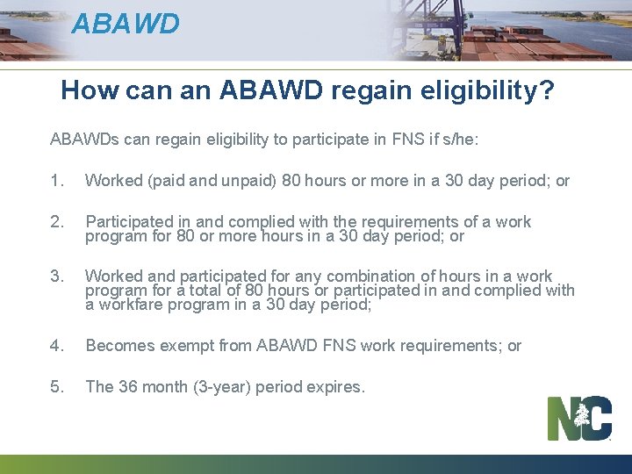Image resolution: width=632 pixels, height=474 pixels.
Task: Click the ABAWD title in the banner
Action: tap(126, 24)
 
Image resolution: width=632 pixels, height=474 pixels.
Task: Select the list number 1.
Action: tap(58, 181)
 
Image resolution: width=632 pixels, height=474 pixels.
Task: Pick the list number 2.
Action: tap(58, 222)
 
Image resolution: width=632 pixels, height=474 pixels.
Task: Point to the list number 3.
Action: tap(58, 276)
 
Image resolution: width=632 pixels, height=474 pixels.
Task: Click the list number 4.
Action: tap(58, 346)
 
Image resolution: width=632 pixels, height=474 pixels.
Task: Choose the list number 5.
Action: tap(58, 387)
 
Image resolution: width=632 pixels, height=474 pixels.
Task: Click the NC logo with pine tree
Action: tap(579, 418)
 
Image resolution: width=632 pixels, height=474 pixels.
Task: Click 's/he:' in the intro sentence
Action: tap(461, 140)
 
